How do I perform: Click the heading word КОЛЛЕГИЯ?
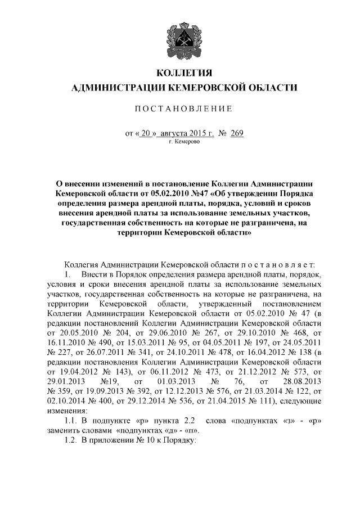pyautogui.click(x=186, y=74)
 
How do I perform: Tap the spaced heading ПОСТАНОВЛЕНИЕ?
pyautogui.click(x=186, y=108)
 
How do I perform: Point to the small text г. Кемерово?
pyautogui.click(x=186, y=142)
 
